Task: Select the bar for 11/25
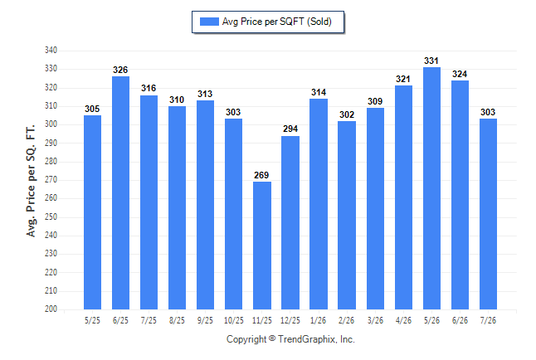(262, 246)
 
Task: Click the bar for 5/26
(431, 188)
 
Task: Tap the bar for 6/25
(120, 192)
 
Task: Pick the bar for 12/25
(290, 222)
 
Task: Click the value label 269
(261, 175)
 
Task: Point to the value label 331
(431, 61)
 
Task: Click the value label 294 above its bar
(290, 129)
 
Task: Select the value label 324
(460, 74)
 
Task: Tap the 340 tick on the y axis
(51, 51)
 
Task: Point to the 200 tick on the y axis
(51, 309)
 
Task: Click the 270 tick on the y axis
(51, 179)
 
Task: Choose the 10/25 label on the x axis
(234, 320)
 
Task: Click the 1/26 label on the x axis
(319, 320)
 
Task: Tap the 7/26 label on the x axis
(488, 320)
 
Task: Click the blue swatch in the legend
(209, 22)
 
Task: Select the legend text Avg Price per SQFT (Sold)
(277, 22)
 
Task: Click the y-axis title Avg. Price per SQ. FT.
(31, 181)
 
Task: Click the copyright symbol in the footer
(272, 338)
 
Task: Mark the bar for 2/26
(347, 215)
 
